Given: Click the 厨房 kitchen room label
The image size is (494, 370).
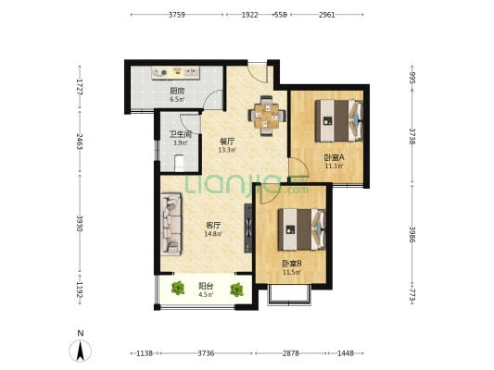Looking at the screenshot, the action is tap(177, 92).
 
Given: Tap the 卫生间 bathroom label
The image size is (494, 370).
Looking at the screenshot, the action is tap(181, 134).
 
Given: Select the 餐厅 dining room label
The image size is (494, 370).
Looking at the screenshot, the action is tap(227, 142).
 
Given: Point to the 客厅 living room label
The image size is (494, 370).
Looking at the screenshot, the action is tap(213, 226).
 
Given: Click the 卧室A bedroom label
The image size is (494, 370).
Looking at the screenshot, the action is tap(334, 157).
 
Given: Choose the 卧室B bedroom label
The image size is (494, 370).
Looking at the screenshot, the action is tap(292, 264).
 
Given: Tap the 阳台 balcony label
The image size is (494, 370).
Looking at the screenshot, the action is tap(206, 286).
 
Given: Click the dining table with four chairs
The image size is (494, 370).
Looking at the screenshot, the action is tap(267, 116).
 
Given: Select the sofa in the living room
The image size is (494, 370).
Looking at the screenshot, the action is tap(171, 224).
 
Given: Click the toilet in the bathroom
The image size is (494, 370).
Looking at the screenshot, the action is tap(179, 163).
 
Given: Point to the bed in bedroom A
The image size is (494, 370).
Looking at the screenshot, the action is tap(339, 121).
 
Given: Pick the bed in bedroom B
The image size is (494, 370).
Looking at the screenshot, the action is tap(301, 229).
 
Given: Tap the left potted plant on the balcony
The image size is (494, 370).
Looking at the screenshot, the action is tap(178, 289).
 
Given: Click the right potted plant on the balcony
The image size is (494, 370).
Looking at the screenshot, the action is tap(236, 290).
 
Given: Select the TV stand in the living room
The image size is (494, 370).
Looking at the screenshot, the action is tap(248, 228).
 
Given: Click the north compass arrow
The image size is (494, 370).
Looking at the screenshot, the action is tap(81, 351).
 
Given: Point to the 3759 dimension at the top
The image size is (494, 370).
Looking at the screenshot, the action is tap(177, 15).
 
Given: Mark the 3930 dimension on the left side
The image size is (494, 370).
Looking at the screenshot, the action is tap(80, 223).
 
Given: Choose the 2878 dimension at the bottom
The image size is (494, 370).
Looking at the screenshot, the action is tap(290, 353).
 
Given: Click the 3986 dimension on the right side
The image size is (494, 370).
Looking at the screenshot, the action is tap(412, 234).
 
